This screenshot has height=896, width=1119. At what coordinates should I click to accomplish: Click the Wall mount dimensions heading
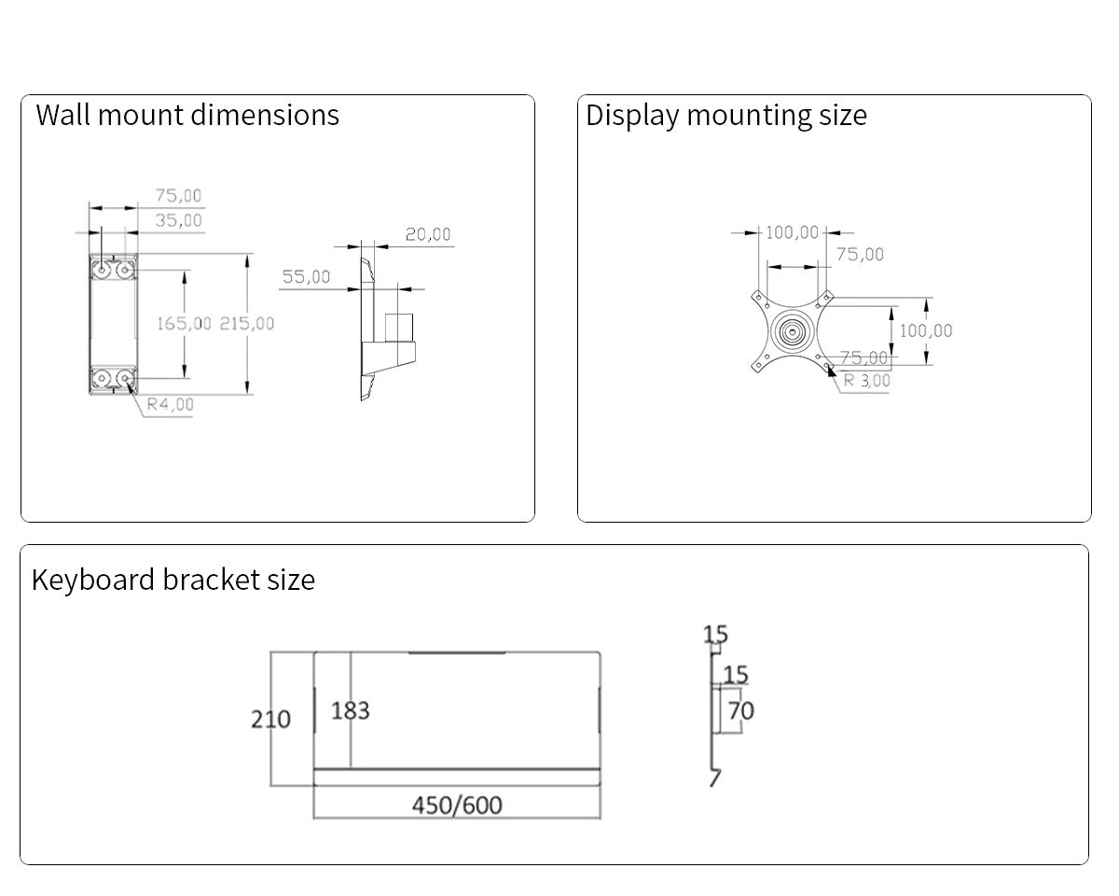click(x=187, y=115)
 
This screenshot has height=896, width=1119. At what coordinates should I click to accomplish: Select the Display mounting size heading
click(x=725, y=115)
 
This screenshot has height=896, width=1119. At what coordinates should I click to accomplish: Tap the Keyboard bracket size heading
click(x=173, y=580)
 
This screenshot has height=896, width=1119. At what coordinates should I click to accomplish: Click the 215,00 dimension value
click(x=247, y=323)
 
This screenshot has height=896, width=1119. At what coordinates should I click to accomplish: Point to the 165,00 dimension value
click(x=184, y=323)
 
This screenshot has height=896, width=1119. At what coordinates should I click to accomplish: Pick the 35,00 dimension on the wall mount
click(x=178, y=220)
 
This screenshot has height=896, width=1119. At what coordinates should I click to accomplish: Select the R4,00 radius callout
click(x=171, y=404)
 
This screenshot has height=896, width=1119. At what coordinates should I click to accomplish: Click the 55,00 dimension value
click(x=306, y=277)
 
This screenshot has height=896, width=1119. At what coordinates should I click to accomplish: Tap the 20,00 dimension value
click(x=427, y=234)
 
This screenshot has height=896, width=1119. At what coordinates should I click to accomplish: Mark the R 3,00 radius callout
click(x=867, y=381)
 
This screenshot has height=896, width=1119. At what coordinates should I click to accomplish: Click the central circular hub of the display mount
click(x=792, y=331)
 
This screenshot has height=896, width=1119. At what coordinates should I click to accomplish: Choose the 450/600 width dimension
click(x=457, y=805)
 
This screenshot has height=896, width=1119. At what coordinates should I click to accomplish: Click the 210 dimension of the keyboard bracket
click(x=270, y=720)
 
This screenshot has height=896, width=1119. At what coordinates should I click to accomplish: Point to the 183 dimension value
click(x=351, y=711)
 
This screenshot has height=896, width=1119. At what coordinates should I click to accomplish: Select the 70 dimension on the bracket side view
click(x=740, y=711)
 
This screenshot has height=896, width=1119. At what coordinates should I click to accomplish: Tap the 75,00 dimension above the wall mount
click(x=178, y=196)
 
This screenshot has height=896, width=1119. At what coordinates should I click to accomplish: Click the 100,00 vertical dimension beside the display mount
click(x=926, y=330)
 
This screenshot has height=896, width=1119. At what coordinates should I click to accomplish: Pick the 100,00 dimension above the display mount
click(x=793, y=232)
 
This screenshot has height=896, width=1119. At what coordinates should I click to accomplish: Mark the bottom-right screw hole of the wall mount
click(x=124, y=379)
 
